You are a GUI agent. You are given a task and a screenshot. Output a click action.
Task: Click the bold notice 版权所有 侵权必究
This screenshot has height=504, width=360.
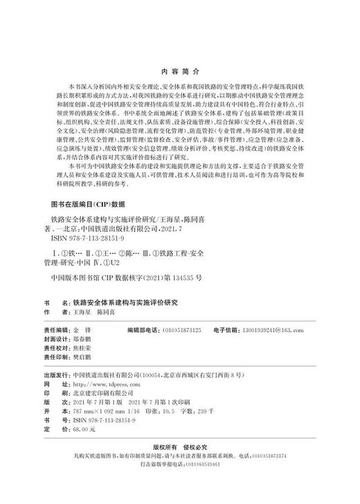[x=179, y=465]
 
